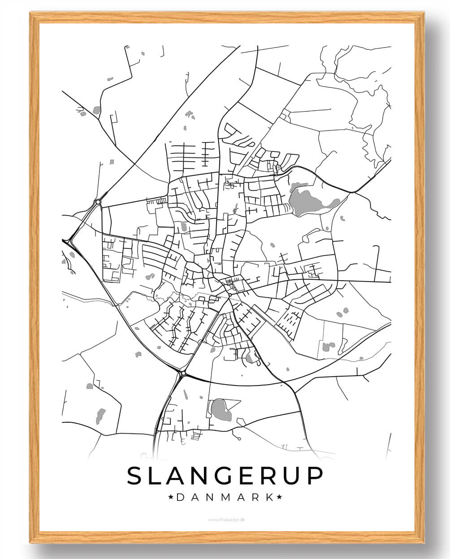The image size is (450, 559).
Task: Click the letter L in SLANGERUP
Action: (155, 476)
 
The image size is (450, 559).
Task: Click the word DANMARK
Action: (225, 497)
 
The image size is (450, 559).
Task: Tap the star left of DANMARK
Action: (170, 497)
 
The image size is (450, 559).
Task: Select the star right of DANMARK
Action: (280, 497)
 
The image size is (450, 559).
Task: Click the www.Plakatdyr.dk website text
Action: (225, 520)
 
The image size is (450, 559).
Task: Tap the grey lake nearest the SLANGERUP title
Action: (221, 410)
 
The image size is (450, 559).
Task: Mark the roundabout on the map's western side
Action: (98, 202)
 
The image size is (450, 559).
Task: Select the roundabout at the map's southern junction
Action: (183, 373)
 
